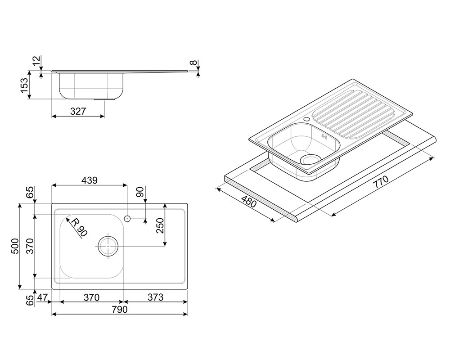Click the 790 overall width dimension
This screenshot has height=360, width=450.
(119, 310)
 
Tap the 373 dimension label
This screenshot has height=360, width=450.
(155, 297)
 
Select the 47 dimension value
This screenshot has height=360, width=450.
(42, 297)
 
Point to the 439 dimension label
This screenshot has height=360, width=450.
(90, 180)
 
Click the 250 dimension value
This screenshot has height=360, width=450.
(160, 225)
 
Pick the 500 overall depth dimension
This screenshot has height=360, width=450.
(15, 246)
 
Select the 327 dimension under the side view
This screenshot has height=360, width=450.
(78, 111)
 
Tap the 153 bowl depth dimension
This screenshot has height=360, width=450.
(24, 85)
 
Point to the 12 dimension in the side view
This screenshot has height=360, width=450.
(36, 61)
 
